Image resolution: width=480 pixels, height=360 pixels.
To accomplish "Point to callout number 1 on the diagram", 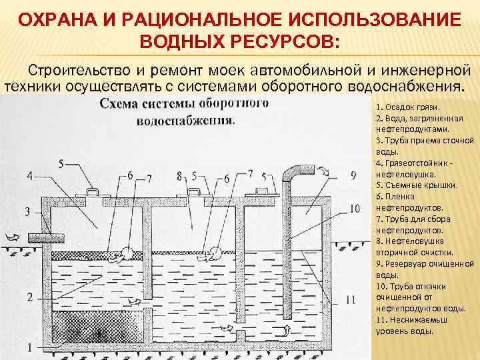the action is (x=28, y=346).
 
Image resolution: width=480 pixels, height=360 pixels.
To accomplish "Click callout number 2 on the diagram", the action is (x=28, y=295).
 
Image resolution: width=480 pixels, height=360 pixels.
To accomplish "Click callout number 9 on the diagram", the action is (x=353, y=176).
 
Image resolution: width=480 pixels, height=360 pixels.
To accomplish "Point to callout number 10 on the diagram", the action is (x=354, y=209).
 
